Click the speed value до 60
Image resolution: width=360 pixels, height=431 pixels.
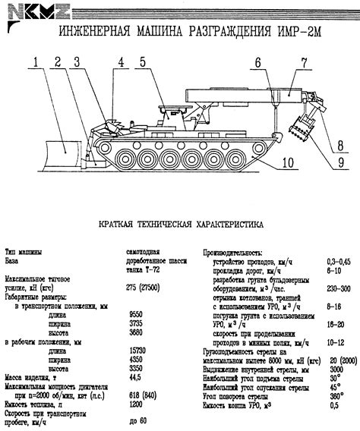137,421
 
